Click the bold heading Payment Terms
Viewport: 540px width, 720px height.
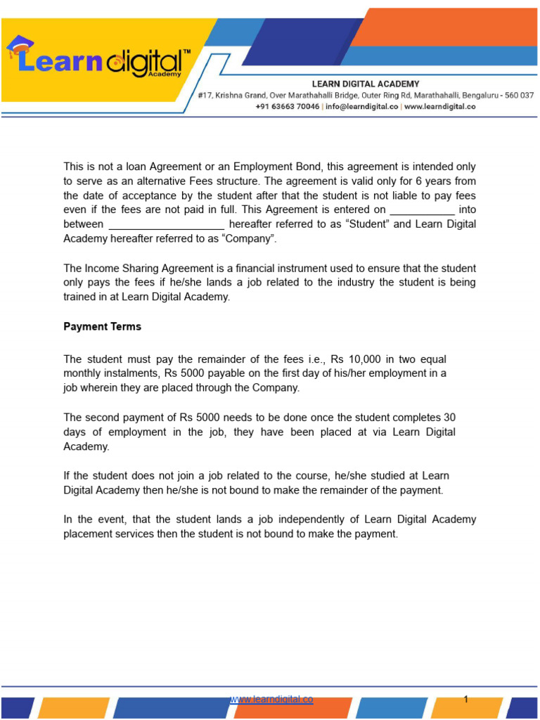pos(102,326)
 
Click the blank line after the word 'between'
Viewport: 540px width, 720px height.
pos(166,224)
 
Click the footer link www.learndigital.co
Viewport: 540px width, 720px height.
pos(271,699)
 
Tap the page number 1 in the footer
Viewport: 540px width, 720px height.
pos(465,699)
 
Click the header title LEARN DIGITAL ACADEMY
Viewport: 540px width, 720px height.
pos(366,84)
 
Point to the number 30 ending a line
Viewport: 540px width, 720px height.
pos(449,417)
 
